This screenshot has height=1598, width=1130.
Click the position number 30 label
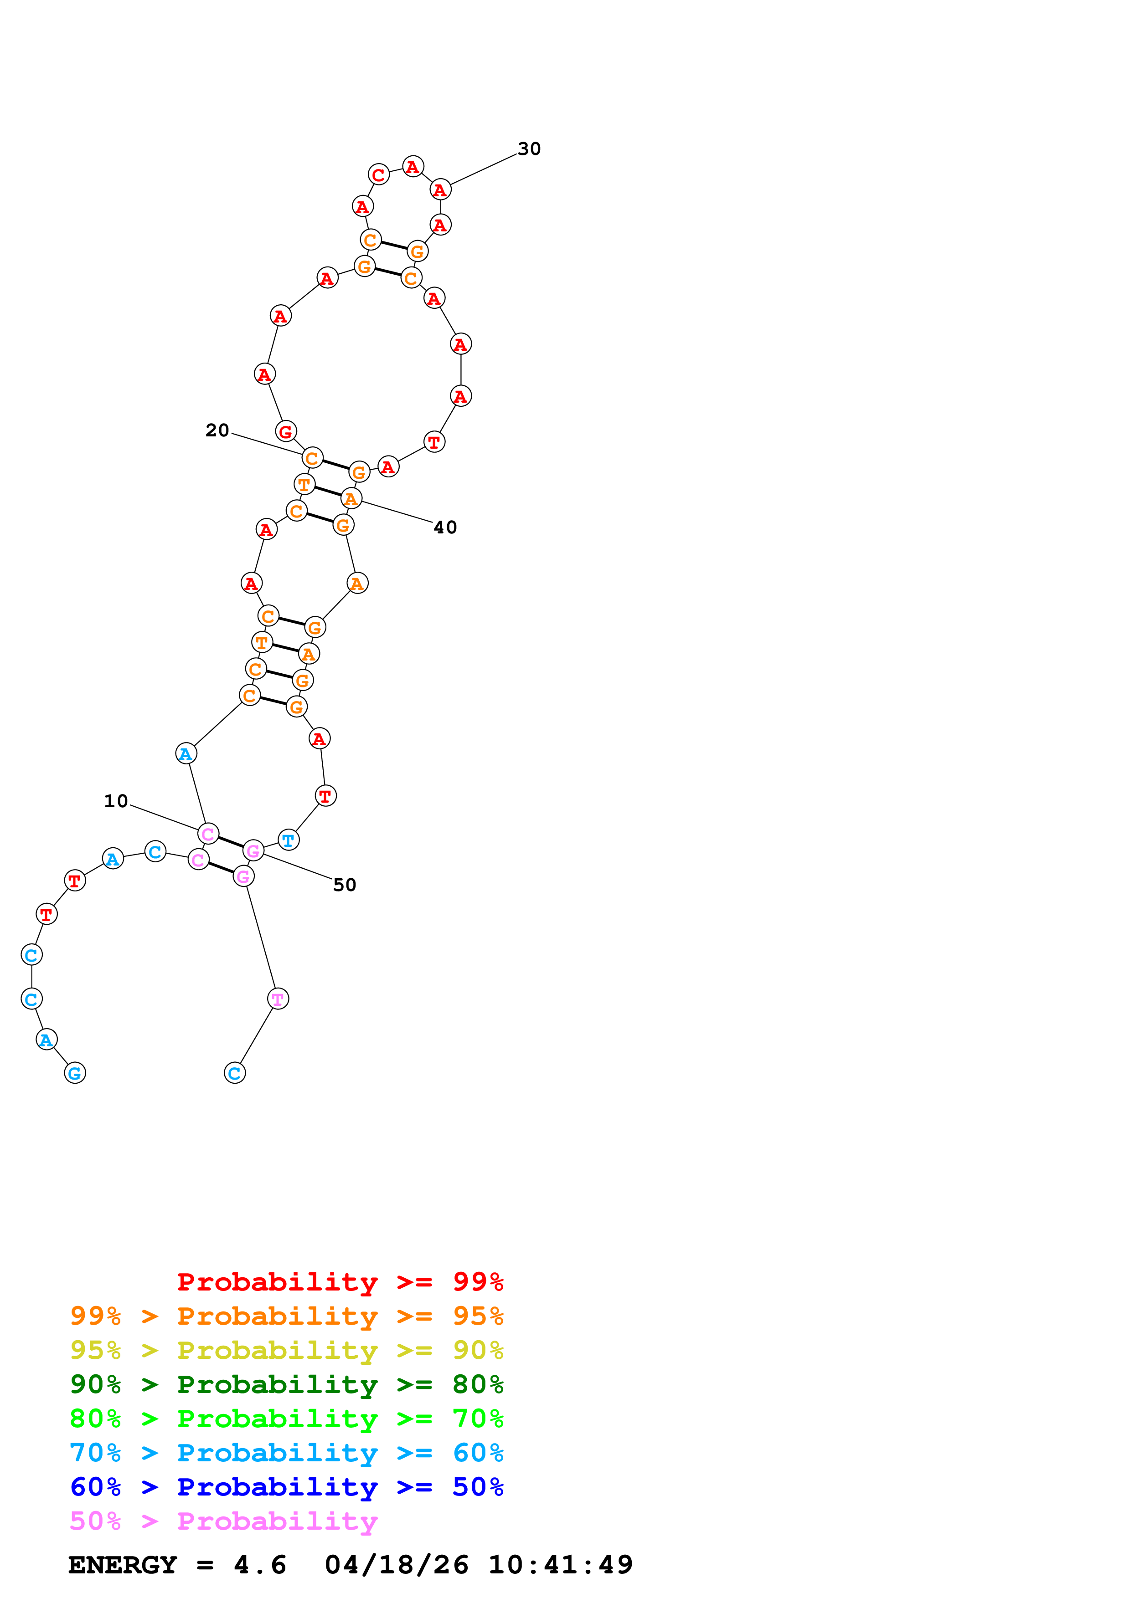(x=529, y=149)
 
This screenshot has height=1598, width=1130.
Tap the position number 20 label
(x=217, y=431)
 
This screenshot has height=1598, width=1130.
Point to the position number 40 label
(x=446, y=528)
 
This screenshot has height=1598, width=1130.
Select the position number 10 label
(x=116, y=801)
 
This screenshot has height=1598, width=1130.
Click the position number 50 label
(x=345, y=885)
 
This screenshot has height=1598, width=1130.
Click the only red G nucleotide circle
(x=285, y=431)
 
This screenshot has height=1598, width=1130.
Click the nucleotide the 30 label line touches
(x=440, y=190)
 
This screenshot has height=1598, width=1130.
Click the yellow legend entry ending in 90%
(x=286, y=1350)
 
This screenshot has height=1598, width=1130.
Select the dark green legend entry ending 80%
(x=286, y=1384)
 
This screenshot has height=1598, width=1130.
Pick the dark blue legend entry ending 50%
(x=286, y=1487)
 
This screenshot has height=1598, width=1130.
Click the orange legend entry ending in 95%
(x=286, y=1316)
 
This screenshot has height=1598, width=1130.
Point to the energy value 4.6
(x=260, y=1565)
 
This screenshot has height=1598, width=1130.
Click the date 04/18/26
(x=396, y=1565)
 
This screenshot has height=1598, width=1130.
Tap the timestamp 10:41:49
(x=561, y=1565)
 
